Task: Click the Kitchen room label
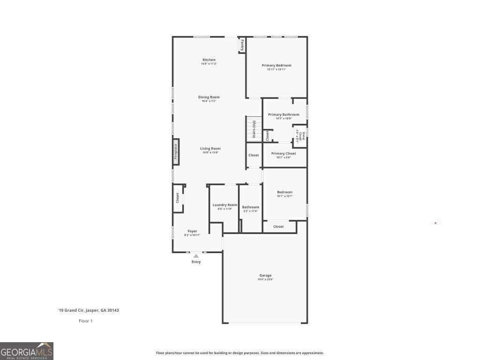point(209,60)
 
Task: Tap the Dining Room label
point(209,97)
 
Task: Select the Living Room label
point(210,149)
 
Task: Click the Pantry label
point(242,45)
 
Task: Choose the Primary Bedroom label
point(277,66)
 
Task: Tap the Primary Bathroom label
point(284,114)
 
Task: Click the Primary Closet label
point(284,153)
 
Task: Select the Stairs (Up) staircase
point(254,128)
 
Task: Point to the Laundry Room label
point(225,205)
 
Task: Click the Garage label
point(265,275)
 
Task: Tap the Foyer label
point(192,231)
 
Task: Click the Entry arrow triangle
point(196,256)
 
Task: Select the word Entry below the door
point(196,262)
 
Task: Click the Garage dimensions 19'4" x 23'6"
point(265,279)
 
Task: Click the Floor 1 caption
point(85,321)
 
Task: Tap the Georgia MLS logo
point(27,351)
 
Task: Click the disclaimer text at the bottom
point(240,353)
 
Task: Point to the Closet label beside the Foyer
point(178,198)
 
